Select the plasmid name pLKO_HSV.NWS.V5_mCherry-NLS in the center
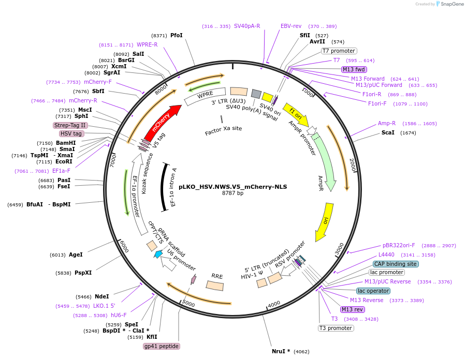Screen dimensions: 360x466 (232, 187)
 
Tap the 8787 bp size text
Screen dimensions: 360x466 (232, 193)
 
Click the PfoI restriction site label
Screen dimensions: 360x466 (176, 36)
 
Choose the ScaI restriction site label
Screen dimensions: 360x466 (388, 132)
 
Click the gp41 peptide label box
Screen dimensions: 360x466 (162, 346)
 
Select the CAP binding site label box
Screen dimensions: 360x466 (396, 264)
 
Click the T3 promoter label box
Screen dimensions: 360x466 (336, 328)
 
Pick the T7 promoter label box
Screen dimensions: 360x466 (339, 51)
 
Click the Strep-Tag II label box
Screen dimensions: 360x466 (70, 125)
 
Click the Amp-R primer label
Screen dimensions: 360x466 (387, 124)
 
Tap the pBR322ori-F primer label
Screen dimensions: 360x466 (399, 245)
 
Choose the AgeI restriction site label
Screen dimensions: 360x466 (76, 254)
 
